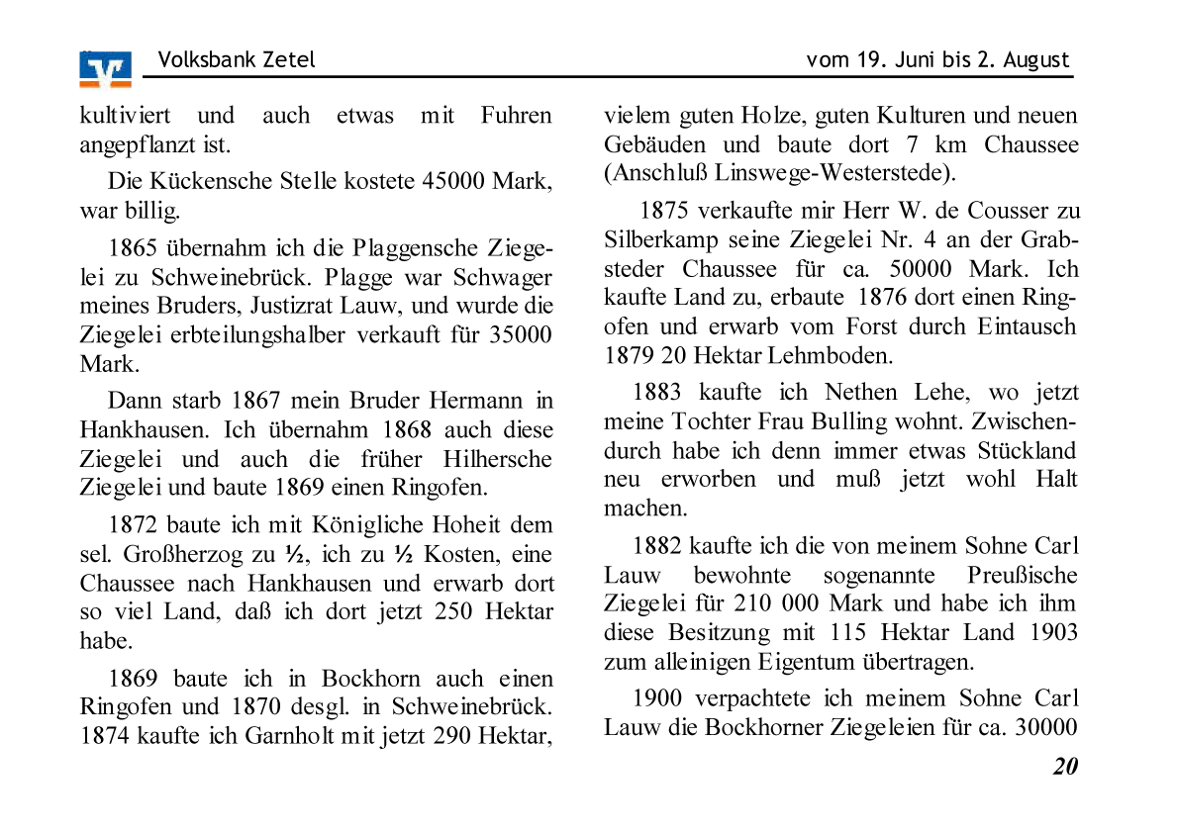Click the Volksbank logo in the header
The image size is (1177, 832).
pos(105,68)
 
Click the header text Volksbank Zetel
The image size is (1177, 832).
pos(236,59)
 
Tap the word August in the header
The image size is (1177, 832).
pos(1037,59)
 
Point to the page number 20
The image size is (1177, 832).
pos(1065,766)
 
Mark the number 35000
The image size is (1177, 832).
pos(521,334)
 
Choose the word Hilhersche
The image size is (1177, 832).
pos(498,459)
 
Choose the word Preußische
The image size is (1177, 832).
pos(1022,575)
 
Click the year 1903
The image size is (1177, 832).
pos(1052,632)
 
